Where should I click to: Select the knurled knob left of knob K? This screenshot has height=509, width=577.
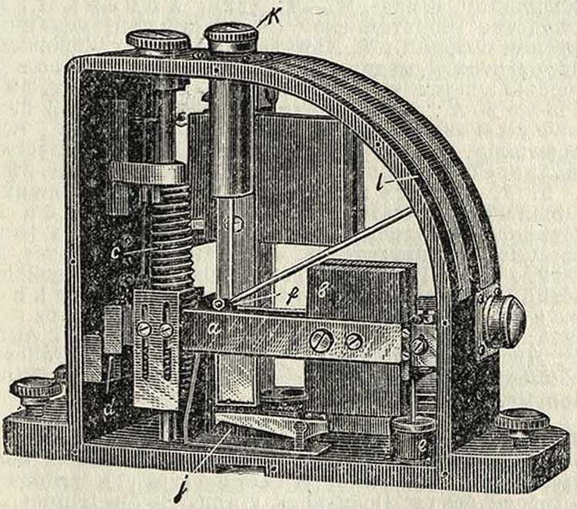[x=158, y=40]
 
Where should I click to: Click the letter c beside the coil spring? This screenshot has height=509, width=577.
[x=116, y=232]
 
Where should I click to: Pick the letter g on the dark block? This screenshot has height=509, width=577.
[x=323, y=290]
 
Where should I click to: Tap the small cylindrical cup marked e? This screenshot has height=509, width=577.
[x=411, y=436]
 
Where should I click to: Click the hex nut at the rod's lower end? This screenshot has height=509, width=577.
[x=219, y=303]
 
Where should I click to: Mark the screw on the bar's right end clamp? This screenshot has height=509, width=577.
[x=419, y=344]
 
